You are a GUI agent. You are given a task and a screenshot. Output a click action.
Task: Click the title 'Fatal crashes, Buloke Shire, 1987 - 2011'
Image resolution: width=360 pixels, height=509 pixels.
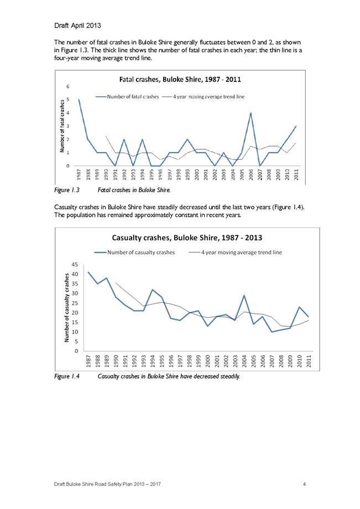(180, 80)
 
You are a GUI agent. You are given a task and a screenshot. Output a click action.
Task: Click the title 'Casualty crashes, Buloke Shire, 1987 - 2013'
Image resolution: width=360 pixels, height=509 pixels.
(187, 237)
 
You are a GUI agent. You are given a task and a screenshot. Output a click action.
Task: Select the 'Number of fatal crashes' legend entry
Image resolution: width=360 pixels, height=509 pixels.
(127, 96)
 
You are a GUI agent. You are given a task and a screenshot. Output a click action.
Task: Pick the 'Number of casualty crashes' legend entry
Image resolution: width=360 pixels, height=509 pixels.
(134, 252)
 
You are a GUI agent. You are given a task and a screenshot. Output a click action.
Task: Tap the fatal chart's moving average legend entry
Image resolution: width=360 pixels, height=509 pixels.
(203, 96)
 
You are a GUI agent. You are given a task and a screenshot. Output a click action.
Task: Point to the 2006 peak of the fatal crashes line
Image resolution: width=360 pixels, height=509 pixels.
(251, 113)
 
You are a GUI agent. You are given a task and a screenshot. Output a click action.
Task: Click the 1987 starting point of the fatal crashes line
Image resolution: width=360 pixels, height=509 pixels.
(79, 100)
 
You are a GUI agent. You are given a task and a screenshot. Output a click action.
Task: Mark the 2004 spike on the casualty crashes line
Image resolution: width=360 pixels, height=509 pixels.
(244, 295)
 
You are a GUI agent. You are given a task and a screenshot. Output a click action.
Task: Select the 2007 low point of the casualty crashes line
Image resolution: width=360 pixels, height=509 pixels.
(272, 332)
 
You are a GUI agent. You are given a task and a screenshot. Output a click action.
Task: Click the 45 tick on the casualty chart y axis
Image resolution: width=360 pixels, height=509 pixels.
(75, 264)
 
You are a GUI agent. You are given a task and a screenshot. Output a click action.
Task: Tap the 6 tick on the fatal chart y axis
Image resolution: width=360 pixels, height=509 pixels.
(68, 86)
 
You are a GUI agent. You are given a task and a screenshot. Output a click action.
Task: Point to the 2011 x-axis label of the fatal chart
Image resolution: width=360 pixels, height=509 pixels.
(296, 175)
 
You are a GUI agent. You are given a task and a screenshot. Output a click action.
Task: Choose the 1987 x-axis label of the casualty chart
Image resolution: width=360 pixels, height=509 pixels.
(88, 361)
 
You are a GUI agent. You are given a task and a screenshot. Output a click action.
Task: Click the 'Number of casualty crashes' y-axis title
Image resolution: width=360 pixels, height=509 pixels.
(67, 308)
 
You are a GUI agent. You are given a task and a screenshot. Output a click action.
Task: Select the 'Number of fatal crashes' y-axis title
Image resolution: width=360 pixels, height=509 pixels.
(62, 126)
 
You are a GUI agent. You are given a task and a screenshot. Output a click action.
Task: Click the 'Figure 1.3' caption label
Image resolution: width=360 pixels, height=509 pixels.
(67, 190)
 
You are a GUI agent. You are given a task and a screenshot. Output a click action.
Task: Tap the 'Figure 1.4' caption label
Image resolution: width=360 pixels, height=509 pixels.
(67, 376)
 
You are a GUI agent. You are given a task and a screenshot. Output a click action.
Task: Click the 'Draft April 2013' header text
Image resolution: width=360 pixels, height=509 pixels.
(77, 25)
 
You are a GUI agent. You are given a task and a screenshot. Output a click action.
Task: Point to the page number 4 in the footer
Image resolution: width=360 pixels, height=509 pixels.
(304, 484)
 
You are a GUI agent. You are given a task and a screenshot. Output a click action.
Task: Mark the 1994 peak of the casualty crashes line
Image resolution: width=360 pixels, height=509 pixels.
(153, 289)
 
